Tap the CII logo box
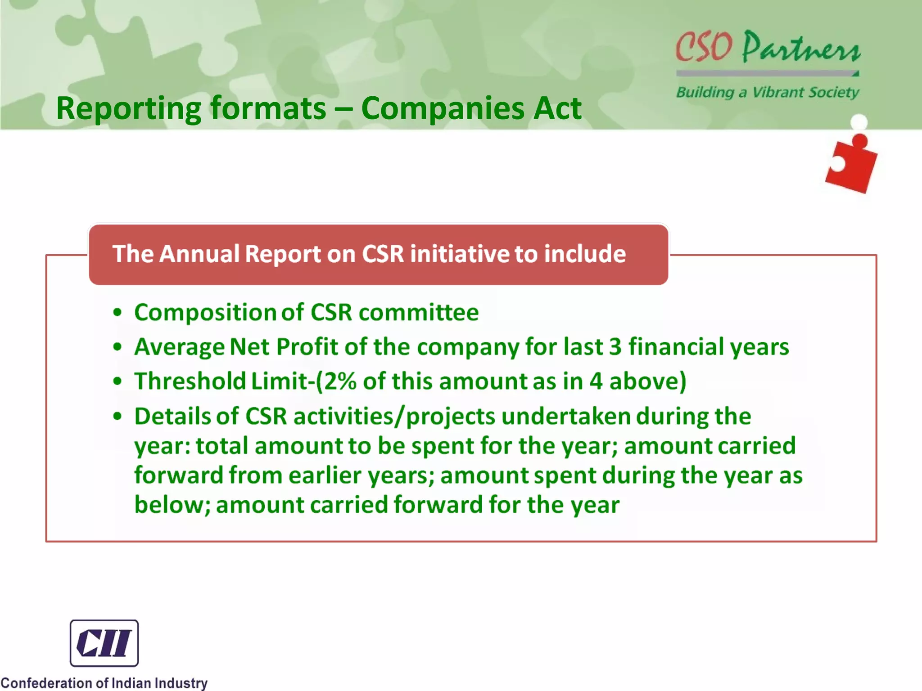click(104, 643)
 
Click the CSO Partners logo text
click(768, 47)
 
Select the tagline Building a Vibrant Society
click(768, 92)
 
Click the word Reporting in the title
click(128, 109)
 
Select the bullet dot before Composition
click(118, 313)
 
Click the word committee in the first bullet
click(419, 312)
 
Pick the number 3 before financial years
click(615, 347)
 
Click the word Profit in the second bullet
click(307, 347)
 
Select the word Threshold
click(190, 381)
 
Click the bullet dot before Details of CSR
click(118, 417)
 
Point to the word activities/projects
click(394, 417)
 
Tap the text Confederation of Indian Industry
click(104, 683)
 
